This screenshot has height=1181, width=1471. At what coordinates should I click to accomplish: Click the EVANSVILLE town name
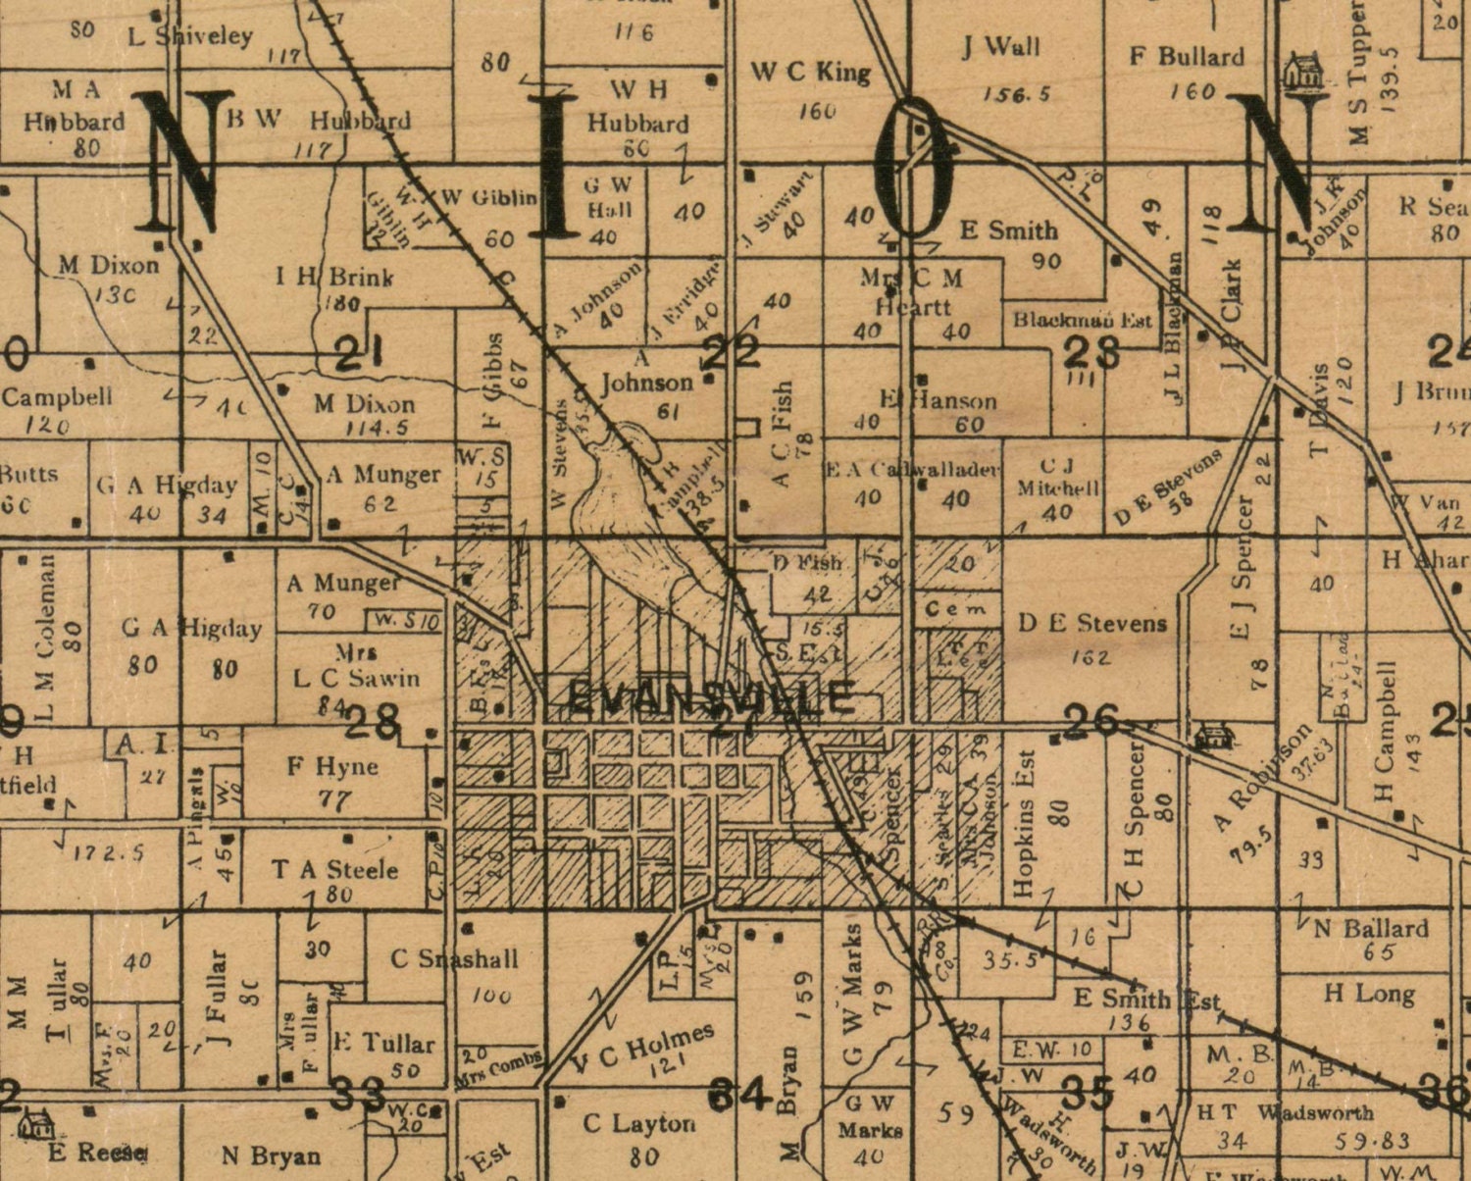pyautogui.click(x=711, y=698)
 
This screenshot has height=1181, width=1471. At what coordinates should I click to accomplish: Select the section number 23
pyautogui.click(x=1091, y=351)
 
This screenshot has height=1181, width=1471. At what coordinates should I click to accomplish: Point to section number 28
pyautogui.click(x=373, y=724)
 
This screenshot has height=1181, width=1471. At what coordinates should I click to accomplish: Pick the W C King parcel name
pyautogui.click(x=810, y=72)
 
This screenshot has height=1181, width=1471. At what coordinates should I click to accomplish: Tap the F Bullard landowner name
pyautogui.click(x=1187, y=57)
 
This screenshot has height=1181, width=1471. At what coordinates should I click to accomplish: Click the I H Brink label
pyautogui.click(x=334, y=277)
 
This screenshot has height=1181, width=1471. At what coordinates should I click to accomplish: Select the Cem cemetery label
pyautogui.click(x=956, y=609)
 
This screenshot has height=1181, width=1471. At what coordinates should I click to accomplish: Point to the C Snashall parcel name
pyautogui.click(x=454, y=958)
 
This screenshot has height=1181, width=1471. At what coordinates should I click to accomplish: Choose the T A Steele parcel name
pyautogui.click(x=334, y=869)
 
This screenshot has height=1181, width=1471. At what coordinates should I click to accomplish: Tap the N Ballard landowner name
pyautogui.click(x=1370, y=928)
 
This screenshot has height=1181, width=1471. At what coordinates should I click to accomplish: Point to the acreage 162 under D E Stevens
pyautogui.click(x=1090, y=656)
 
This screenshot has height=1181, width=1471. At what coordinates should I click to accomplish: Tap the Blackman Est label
pyautogui.click(x=1082, y=320)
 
